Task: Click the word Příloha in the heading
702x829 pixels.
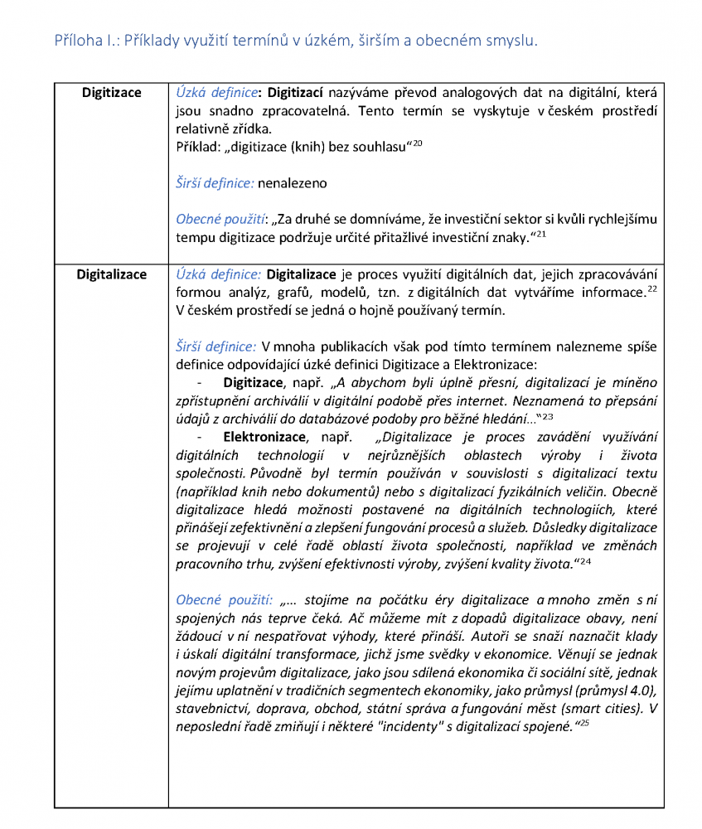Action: pyautogui.click(x=75, y=40)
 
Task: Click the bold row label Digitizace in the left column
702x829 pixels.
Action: pyautogui.click(x=111, y=93)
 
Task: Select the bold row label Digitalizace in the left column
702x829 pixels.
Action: pyautogui.click(x=111, y=274)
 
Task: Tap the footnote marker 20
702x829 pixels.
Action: pyautogui.click(x=418, y=143)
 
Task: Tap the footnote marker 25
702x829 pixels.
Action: pyautogui.click(x=583, y=724)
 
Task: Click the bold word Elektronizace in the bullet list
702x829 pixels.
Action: pyautogui.click(x=264, y=437)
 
